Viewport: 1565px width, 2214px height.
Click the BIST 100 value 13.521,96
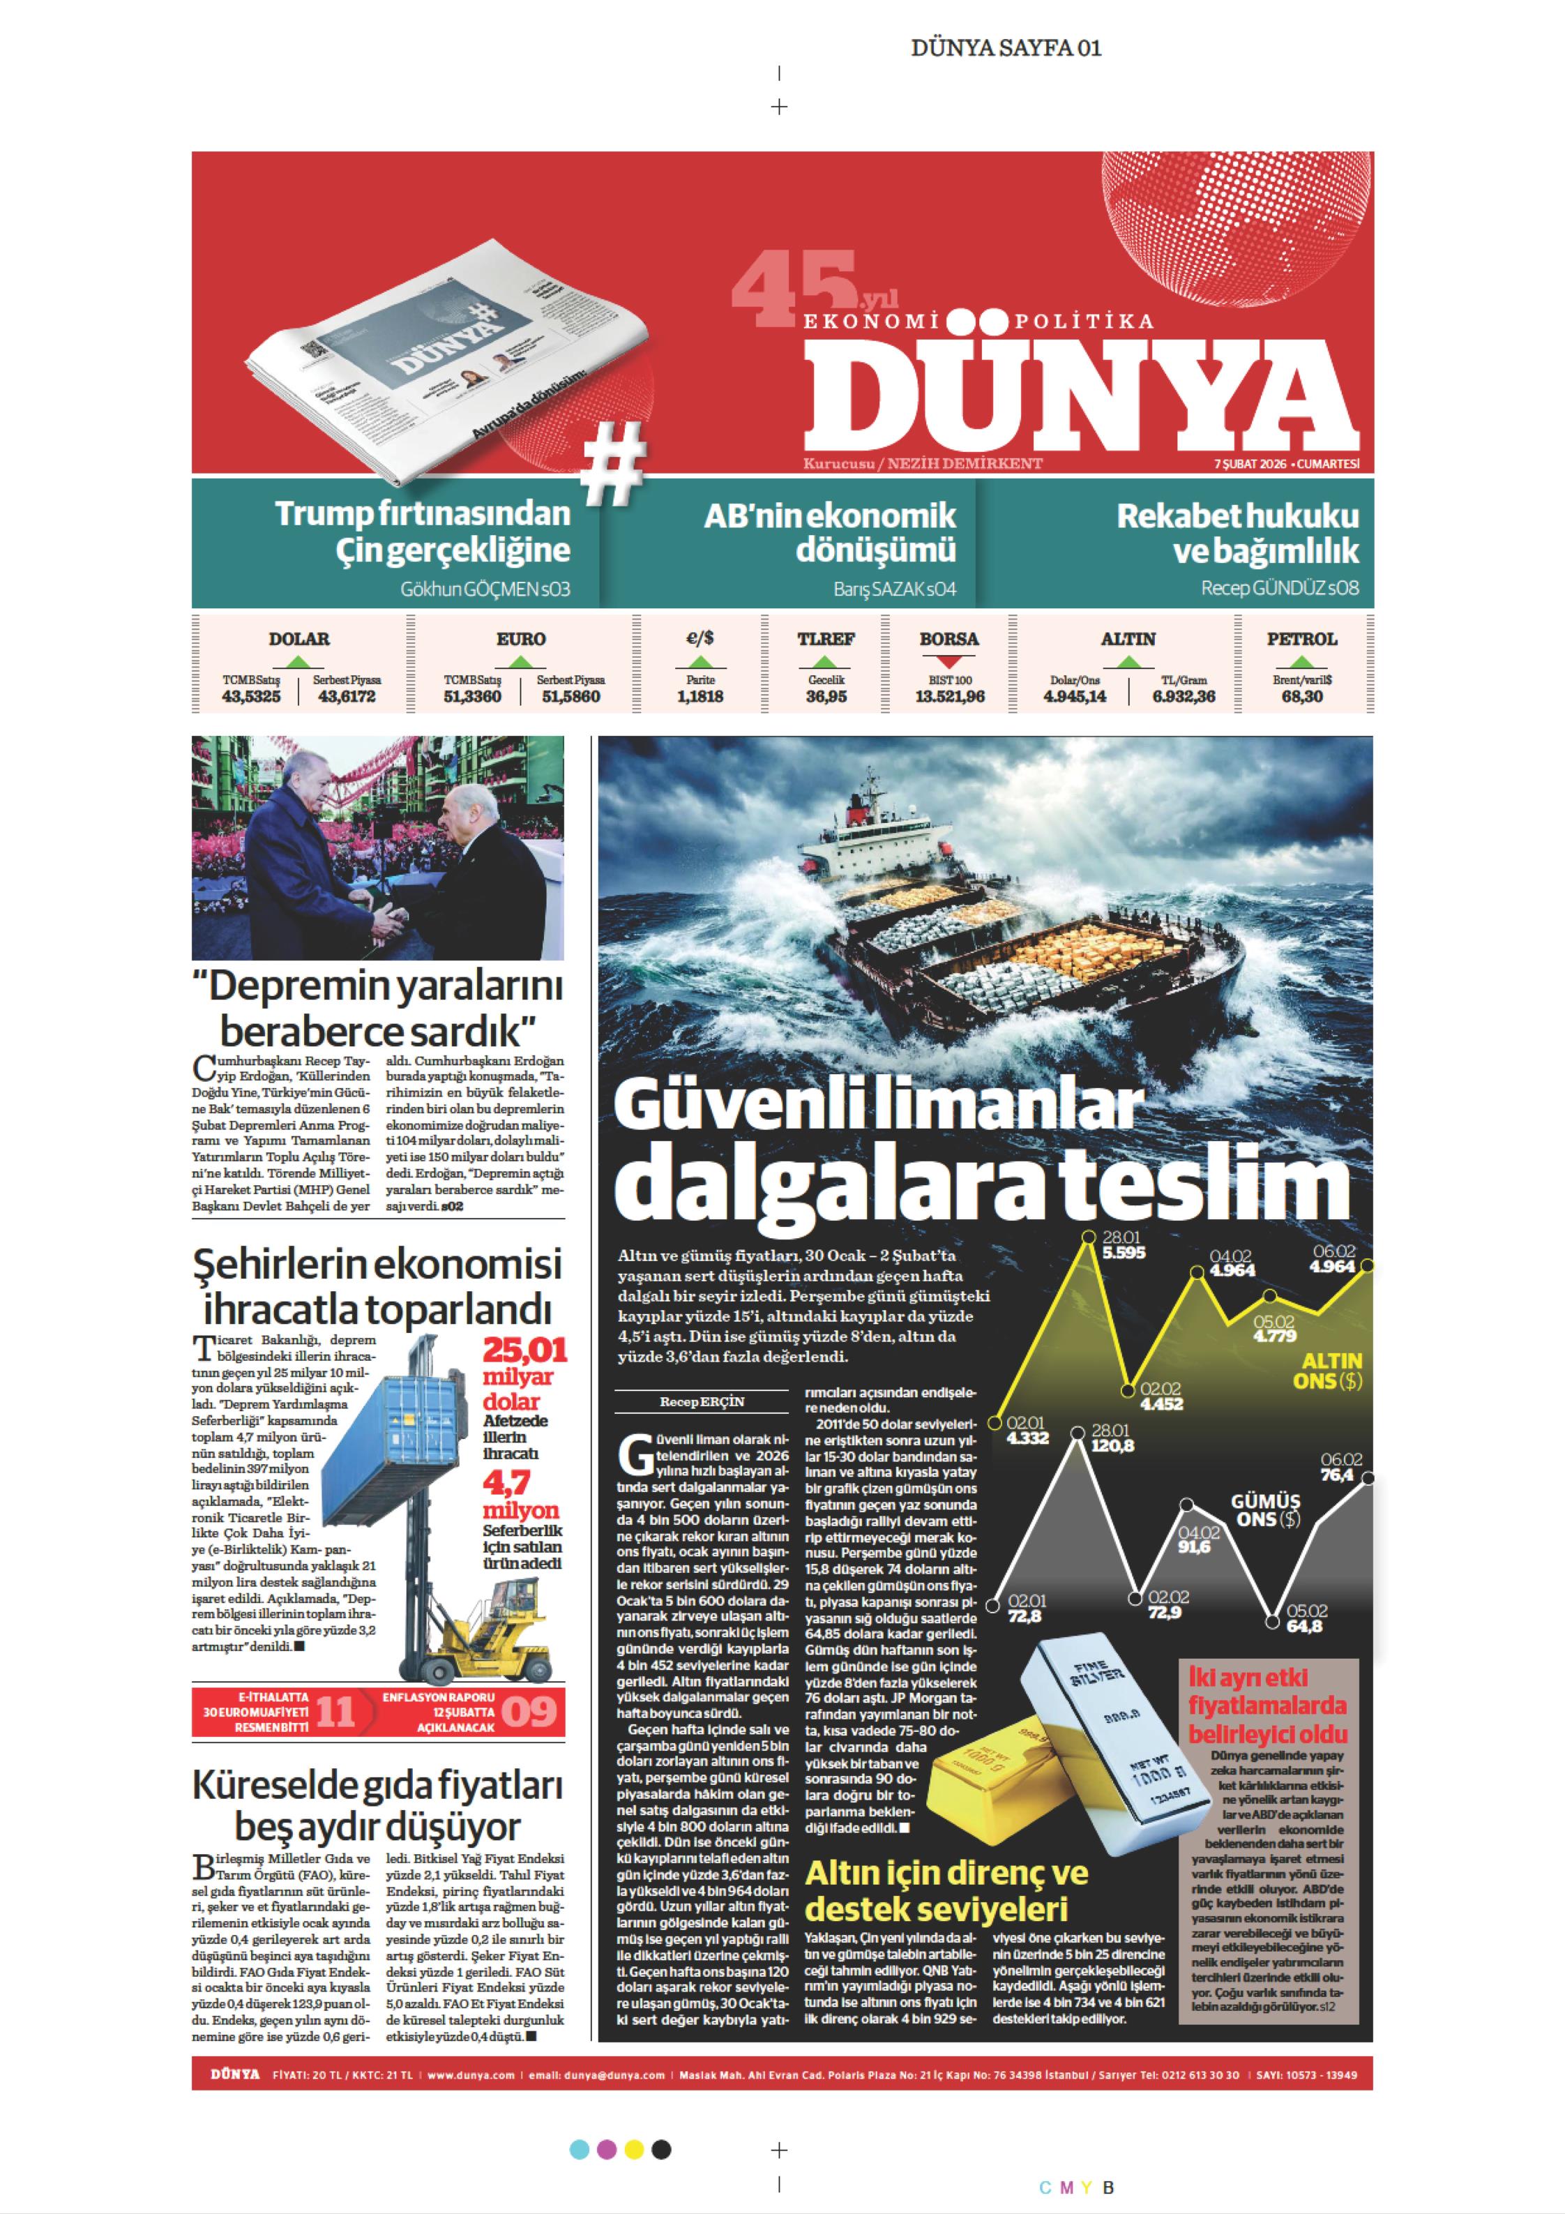[x=950, y=696]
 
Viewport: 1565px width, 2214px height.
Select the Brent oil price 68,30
[x=1302, y=696]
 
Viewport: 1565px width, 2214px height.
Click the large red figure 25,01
[x=524, y=1348]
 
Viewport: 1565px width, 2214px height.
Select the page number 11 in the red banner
[x=335, y=1712]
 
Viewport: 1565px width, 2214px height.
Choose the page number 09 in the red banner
[x=529, y=1712]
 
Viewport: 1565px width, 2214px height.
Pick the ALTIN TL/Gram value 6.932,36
[x=1183, y=696]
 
